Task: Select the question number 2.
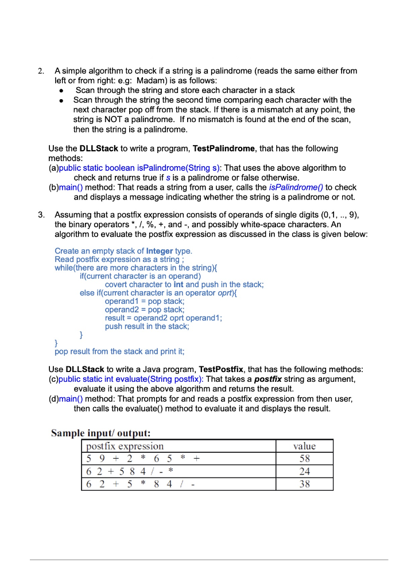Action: coord(41,71)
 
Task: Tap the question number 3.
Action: coord(41,215)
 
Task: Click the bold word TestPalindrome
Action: coord(224,148)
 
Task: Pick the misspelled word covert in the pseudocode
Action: coord(117,284)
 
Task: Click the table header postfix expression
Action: coord(125,446)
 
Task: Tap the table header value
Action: coord(304,446)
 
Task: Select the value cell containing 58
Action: coord(304,459)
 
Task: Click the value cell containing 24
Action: coord(304,471)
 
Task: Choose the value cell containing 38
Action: coord(304,484)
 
